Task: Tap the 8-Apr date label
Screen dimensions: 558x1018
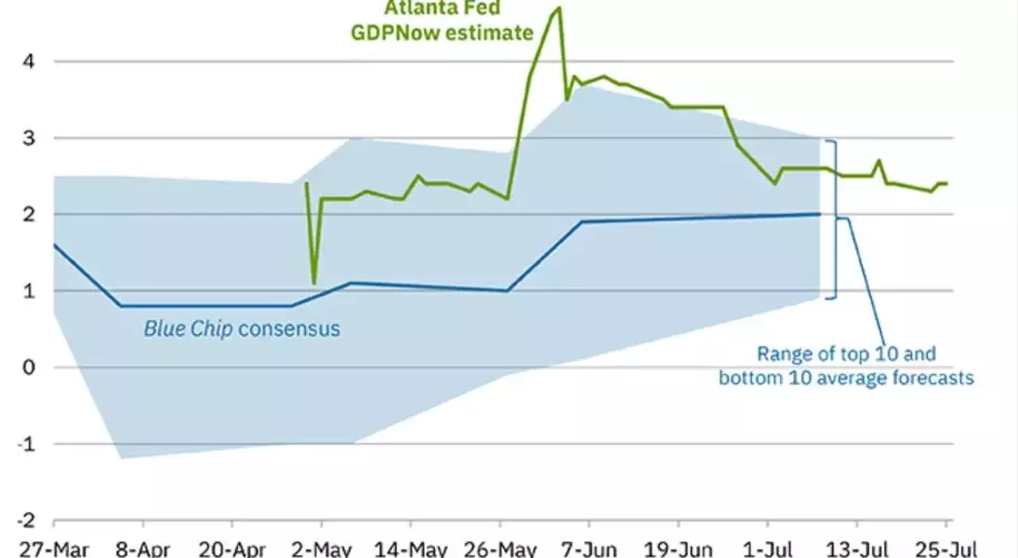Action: click(142, 547)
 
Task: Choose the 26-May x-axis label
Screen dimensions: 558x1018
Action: click(500, 547)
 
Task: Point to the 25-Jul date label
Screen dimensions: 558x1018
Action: click(947, 547)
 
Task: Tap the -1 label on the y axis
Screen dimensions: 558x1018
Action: click(27, 444)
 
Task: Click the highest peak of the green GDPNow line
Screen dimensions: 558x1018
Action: click(559, 8)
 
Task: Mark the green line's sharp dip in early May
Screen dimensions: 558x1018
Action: click(314, 282)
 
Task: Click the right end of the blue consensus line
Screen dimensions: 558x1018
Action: click(820, 214)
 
